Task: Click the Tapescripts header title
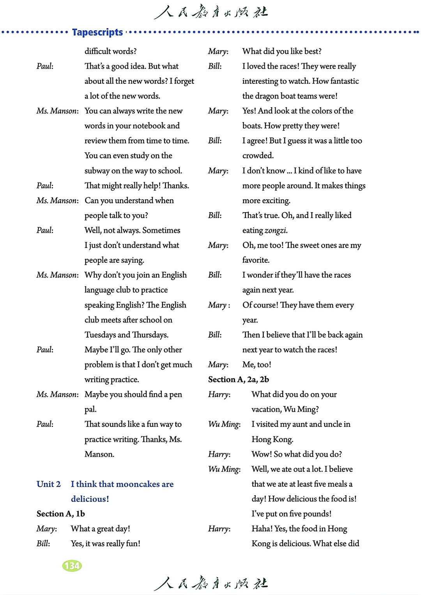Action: click(97, 32)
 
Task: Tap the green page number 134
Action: click(72, 566)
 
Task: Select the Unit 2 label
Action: click(49, 484)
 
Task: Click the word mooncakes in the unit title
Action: click(138, 484)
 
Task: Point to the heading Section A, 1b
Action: click(61, 514)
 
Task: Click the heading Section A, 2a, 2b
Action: click(239, 379)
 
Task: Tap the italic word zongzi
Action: click(276, 230)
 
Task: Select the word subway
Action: click(97, 171)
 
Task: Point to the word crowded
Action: click(258, 156)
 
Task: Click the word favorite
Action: click(256, 260)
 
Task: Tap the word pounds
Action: click(317, 514)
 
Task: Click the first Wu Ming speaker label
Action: click(224, 424)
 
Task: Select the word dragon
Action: click(267, 96)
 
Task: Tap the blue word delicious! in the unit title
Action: click(90, 499)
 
